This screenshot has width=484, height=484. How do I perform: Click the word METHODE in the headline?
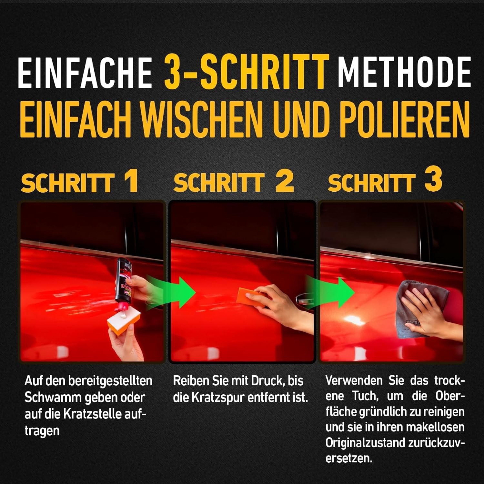point(404,72)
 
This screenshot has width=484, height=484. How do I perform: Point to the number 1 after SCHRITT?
point(131,181)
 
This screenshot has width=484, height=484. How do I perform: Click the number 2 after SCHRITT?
point(285,181)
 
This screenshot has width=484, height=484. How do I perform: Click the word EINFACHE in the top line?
point(85,72)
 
